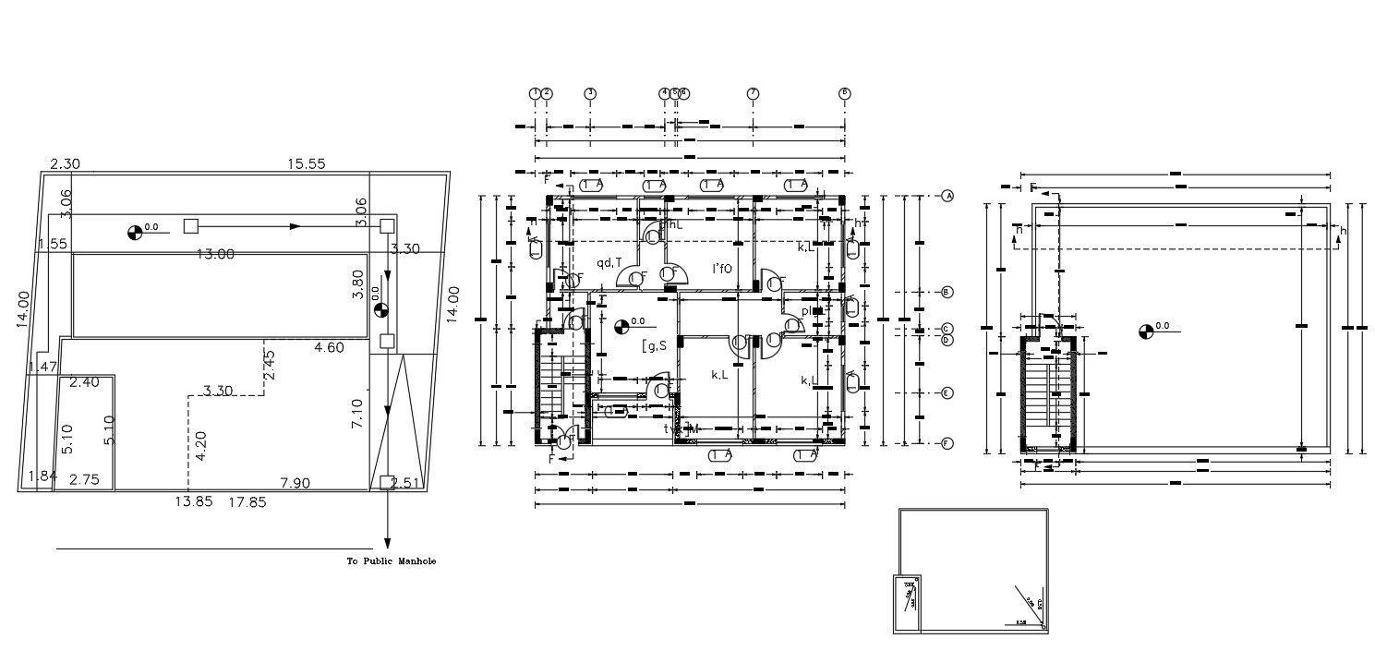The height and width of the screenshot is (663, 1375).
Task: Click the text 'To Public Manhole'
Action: [390, 561]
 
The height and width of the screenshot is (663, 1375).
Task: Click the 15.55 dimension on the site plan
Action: [306, 163]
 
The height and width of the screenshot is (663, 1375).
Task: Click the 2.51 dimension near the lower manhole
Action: [405, 483]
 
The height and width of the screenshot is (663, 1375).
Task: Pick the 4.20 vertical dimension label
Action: [200, 445]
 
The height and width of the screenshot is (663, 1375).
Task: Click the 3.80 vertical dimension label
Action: [358, 283]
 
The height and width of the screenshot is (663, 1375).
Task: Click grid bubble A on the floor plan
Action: [947, 196]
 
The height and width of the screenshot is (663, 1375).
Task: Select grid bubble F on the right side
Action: [947, 444]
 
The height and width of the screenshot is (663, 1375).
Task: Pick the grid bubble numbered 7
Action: [753, 93]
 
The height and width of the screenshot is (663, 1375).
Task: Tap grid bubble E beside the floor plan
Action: [947, 393]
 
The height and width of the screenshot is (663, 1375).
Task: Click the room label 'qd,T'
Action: [609, 263]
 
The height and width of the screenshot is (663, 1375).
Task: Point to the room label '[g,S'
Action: [654, 345]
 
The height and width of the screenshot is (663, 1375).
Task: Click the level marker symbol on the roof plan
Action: [1146, 330]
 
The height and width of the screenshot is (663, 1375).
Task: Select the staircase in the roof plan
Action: [1046, 396]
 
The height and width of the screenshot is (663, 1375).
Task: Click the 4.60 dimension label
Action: [329, 348]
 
